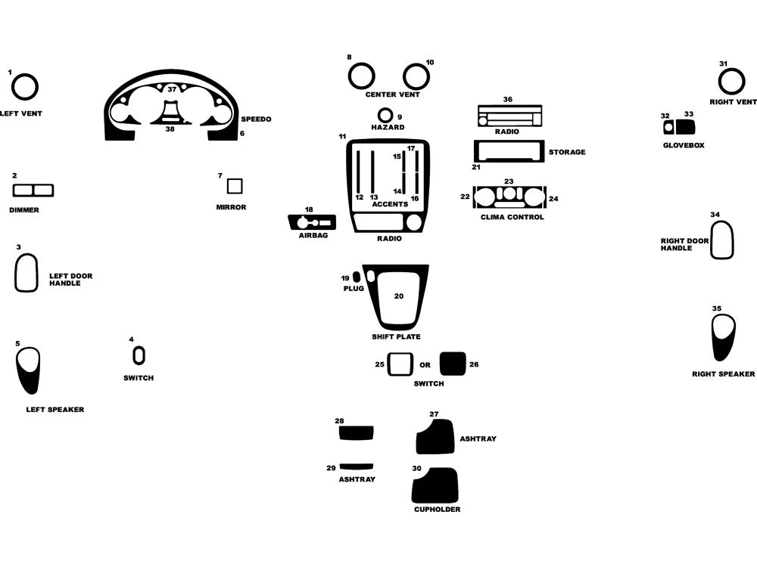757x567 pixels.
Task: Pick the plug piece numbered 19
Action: click(x=357, y=277)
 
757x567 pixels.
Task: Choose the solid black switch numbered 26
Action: click(x=453, y=364)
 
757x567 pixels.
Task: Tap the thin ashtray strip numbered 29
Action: click(x=357, y=466)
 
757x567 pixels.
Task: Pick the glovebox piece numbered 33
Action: click(x=685, y=127)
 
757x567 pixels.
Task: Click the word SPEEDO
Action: click(x=256, y=119)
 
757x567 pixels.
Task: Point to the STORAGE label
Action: click(x=567, y=152)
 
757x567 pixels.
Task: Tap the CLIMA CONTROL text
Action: click(x=512, y=217)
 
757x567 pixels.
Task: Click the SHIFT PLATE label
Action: click(x=396, y=336)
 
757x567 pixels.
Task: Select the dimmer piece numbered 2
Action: click(x=33, y=191)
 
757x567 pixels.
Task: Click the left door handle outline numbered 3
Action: click(x=17, y=273)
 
